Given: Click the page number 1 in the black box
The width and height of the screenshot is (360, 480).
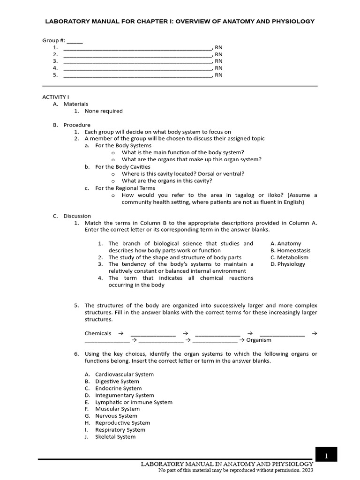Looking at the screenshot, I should (326, 455).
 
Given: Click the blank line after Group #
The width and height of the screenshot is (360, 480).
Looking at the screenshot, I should (75, 41).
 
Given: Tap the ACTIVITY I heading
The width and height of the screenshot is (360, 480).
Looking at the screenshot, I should (55, 97).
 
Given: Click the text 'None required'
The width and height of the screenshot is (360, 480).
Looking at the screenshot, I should (104, 111).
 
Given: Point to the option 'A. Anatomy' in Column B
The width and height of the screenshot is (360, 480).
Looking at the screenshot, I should (286, 244).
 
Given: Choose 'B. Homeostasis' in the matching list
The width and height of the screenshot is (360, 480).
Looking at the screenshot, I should (290, 250).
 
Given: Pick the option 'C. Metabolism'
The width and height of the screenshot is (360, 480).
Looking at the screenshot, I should (289, 257).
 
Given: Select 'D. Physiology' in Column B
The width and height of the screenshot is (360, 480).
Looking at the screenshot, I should (288, 264).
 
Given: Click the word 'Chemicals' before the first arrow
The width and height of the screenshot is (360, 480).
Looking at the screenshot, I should (98, 333).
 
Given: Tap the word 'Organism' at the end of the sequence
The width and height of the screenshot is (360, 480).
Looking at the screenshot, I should (259, 340).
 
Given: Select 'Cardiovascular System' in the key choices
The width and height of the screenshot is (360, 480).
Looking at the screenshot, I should (124, 375).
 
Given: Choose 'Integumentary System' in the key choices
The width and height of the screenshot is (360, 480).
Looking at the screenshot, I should (124, 395).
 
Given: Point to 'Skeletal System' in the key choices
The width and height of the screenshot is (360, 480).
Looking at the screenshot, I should (115, 437).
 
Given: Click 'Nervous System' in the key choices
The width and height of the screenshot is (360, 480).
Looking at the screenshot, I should (116, 416).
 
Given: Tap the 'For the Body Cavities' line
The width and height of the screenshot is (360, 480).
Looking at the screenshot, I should (123, 166).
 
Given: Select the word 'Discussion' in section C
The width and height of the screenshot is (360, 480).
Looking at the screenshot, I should (77, 216).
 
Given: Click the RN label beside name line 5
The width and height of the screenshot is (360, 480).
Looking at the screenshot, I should (219, 75).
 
